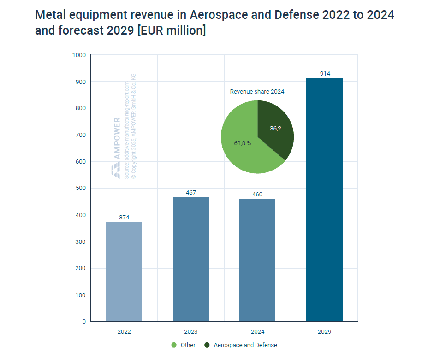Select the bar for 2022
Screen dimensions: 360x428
click(124, 271)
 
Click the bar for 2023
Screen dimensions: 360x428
click(191, 259)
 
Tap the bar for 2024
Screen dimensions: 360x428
click(257, 260)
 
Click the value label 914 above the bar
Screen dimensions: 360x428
click(324, 74)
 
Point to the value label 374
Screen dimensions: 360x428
click(124, 217)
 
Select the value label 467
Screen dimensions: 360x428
click(191, 192)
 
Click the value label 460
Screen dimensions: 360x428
click(257, 194)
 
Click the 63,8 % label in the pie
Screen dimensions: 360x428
click(243, 143)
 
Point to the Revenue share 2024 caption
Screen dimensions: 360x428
click(257, 92)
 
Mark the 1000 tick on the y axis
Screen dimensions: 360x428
click(79, 55)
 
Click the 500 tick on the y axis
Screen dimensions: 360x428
click(81, 189)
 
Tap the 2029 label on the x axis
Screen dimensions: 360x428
click(324, 331)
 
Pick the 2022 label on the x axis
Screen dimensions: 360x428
click(124, 331)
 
